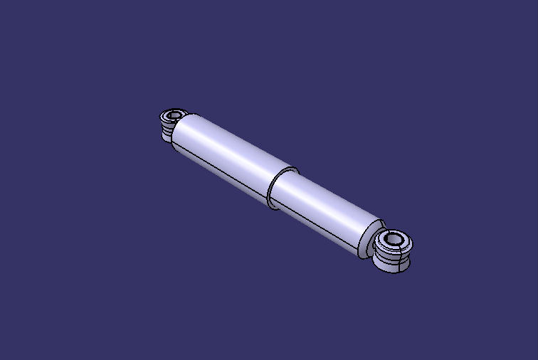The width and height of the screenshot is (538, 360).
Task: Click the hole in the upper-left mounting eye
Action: point(173,115)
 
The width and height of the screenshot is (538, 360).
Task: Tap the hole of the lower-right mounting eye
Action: point(393,240)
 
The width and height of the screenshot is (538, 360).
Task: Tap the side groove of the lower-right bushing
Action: point(392,260)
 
